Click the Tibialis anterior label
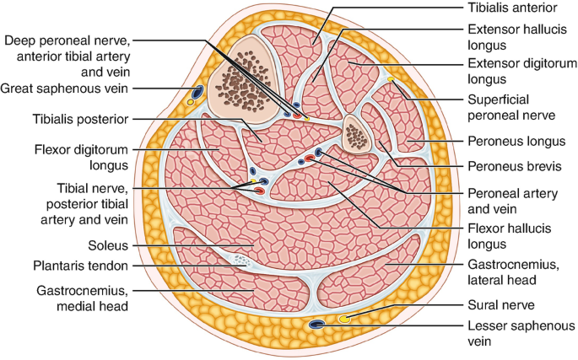pos(512,8)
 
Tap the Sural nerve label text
pos(501,305)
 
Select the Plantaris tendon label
pos(80,266)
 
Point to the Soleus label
pos(108,245)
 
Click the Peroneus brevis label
pos(515,166)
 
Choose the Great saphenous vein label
pos(64,89)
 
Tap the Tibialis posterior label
pos(80,119)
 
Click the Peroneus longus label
pos(516,141)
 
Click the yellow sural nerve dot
pos(344,319)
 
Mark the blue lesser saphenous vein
pos(316,325)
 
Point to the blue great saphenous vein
pos(197,92)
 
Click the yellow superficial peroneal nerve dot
pos(391,79)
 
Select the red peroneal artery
pos(310,159)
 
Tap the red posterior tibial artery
pos(259,191)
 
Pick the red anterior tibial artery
pos(297,116)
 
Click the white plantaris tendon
pos(240,261)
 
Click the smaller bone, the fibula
pos(356,134)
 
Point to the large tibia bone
pos(242,80)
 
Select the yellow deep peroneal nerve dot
pos(307,119)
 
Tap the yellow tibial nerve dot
pos(253,180)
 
